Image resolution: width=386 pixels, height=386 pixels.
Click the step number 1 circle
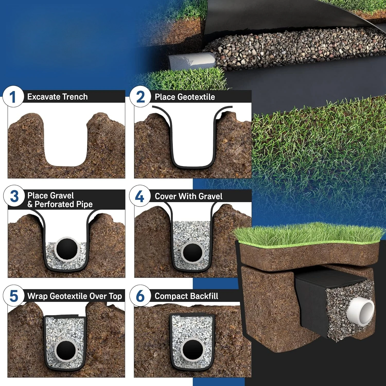click(x=13, y=97)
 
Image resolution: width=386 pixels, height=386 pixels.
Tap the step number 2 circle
click(x=140, y=97)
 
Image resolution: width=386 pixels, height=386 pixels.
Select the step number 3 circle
click(x=14, y=196)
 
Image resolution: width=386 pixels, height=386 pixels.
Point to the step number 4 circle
click(x=140, y=196)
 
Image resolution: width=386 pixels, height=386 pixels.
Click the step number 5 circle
click(x=14, y=296)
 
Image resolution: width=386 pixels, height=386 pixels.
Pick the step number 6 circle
click(x=140, y=296)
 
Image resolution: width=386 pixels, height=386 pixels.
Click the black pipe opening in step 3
click(x=67, y=249)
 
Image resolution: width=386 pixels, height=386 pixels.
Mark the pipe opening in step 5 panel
click(x=66, y=350)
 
